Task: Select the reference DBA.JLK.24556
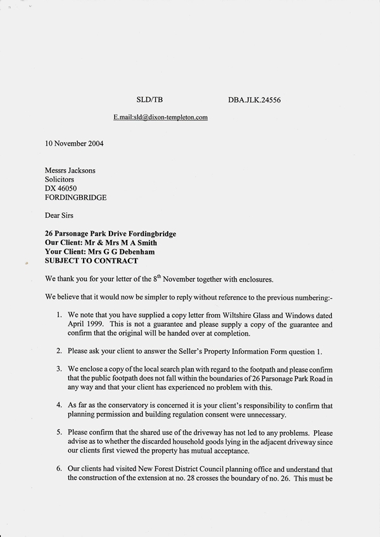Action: (254, 100)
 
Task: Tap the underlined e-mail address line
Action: (161, 117)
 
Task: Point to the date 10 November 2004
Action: (74, 143)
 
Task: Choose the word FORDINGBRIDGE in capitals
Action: (75, 198)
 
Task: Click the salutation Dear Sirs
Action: (60, 215)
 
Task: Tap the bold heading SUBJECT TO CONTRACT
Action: (91, 260)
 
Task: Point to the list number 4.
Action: (59, 405)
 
